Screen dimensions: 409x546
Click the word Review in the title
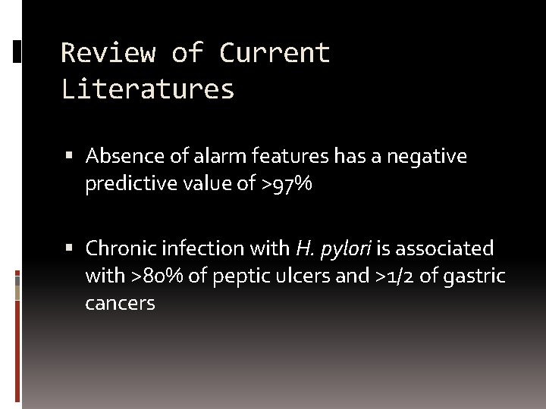pyautogui.click(x=108, y=53)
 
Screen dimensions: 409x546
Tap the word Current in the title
pyautogui.click(x=275, y=53)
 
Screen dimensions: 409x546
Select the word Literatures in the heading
pyautogui.click(x=148, y=89)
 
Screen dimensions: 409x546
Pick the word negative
pyautogui.click(x=427, y=157)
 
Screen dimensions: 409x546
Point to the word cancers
pyautogui.click(x=120, y=304)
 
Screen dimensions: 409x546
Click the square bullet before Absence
pyautogui.click(x=70, y=157)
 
